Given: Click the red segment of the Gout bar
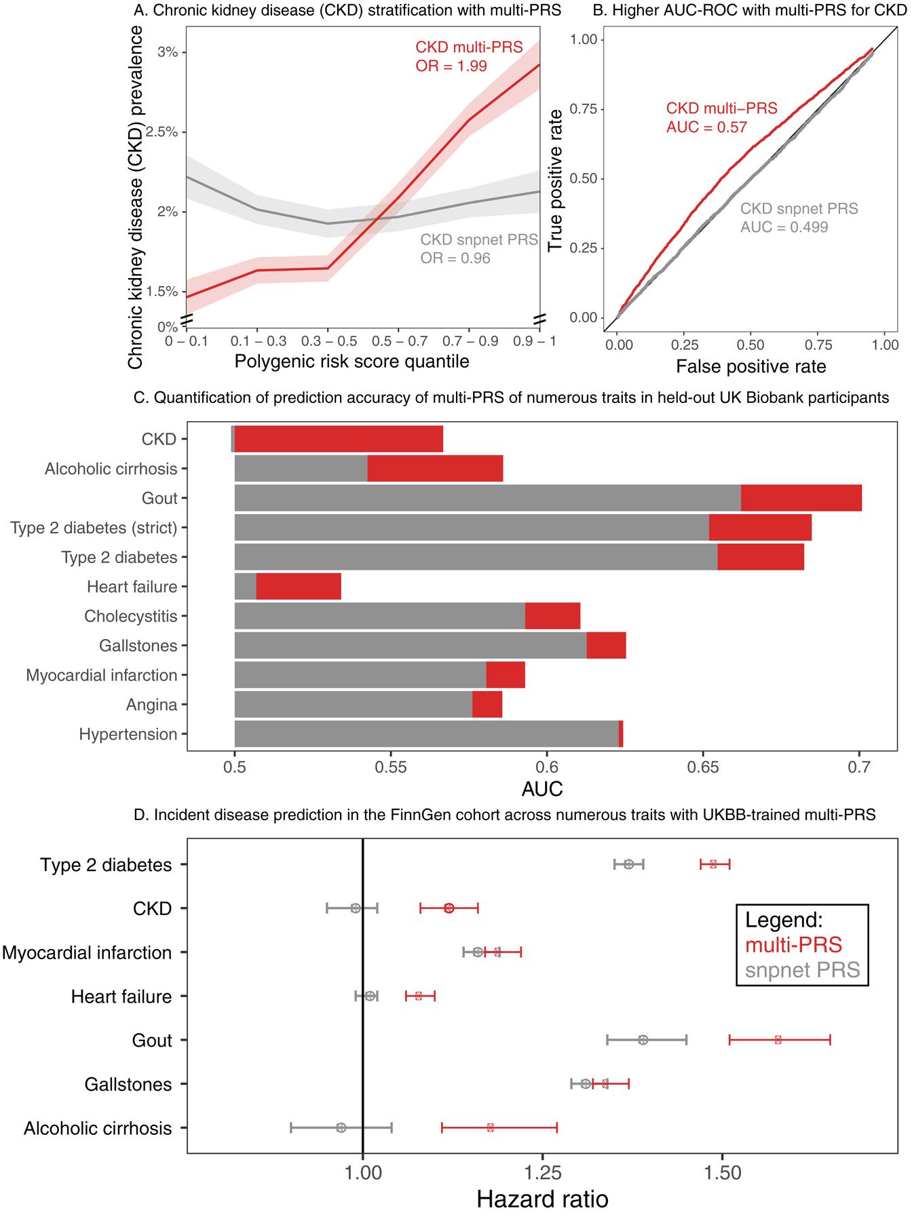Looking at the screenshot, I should click(x=801, y=499).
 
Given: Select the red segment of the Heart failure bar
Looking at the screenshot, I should click(x=299, y=587).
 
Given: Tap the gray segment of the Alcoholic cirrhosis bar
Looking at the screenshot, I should click(x=301, y=469).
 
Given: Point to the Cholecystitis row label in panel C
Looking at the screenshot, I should click(x=131, y=617).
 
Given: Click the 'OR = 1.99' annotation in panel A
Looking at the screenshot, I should click(x=451, y=66).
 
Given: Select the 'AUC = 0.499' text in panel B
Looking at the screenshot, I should click(x=784, y=227).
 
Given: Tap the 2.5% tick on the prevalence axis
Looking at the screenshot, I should click(x=161, y=132).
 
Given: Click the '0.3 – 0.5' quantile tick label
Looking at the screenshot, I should click(x=328, y=341).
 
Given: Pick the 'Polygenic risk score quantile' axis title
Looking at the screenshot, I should click(x=351, y=362).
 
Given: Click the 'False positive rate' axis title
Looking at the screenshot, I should click(x=750, y=367).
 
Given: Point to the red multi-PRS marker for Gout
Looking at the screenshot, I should click(x=778, y=1040).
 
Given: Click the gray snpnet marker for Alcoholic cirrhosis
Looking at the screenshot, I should click(x=341, y=1127).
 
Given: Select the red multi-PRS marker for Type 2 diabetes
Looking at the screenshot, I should click(x=713, y=864).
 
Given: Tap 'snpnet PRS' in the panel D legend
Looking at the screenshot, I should click(x=802, y=971).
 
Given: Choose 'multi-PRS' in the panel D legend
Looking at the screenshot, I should click(x=793, y=945).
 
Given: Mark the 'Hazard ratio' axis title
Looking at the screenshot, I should click(x=542, y=1199).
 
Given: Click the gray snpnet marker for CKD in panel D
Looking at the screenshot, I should click(x=356, y=908).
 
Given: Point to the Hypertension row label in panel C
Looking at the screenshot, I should click(x=128, y=735).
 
